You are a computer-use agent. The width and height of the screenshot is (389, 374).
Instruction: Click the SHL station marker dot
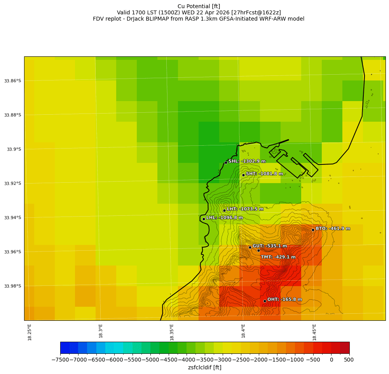(226, 163)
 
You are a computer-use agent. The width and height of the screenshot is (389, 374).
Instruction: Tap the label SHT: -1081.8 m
(264, 174)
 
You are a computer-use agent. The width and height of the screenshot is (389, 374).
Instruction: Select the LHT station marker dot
(224, 210)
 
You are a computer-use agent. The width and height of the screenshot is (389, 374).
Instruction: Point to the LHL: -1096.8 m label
(224, 218)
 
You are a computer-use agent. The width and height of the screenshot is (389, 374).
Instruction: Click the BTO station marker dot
(313, 230)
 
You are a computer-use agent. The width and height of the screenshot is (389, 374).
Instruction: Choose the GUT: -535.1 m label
(270, 246)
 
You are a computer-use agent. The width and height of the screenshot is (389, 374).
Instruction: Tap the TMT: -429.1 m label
(278, 257)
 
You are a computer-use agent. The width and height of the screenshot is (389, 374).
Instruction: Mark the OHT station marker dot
(265, 301)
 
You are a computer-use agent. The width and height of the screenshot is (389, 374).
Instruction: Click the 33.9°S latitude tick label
(13, 149)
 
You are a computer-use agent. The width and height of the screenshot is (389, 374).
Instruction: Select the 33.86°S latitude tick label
(12, 81)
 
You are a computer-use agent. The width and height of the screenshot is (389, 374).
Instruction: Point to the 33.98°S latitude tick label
(12, 286)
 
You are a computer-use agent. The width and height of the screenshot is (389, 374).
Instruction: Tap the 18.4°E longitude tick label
(243, 331)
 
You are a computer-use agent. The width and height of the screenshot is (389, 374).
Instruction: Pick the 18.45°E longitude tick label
(314, 332)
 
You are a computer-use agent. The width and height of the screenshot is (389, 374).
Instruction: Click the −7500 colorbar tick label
(60, 360)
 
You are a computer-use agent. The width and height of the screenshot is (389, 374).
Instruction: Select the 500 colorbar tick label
(349, 360)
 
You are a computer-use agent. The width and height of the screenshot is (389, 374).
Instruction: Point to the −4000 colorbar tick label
(187, 360)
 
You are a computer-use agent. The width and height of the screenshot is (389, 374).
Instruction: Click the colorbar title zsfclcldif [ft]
(204, 367)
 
